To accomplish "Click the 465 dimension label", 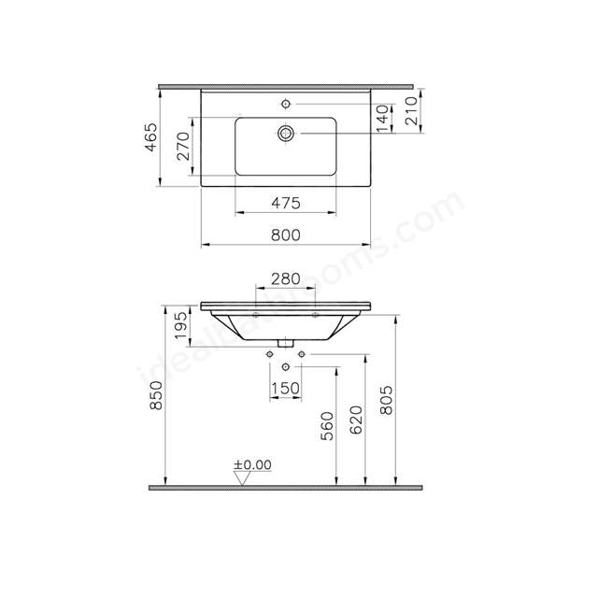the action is (x=151, y=137).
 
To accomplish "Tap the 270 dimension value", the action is (x=183, y=146).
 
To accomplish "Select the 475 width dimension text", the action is (x=286, y=204).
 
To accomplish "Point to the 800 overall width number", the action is (x=286, y=235).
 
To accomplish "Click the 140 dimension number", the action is (x=382, y=119).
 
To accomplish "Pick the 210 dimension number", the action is (x=411, y=111).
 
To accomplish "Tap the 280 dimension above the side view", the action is (x=286, y=279).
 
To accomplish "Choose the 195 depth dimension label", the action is (x=182, y=325).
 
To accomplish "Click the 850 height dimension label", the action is (x=157, y=395).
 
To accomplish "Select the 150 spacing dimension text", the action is (x=285, y=389).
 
